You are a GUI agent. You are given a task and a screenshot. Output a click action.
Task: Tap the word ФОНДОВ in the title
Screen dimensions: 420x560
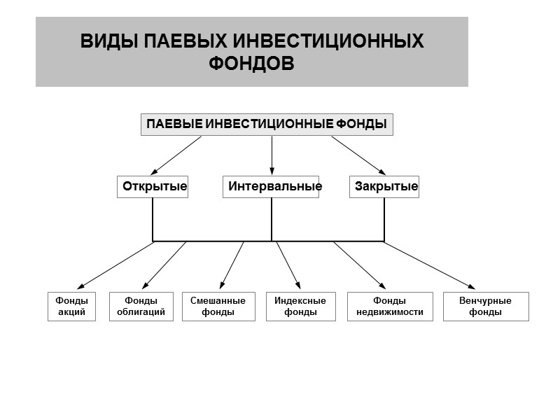[252, 63]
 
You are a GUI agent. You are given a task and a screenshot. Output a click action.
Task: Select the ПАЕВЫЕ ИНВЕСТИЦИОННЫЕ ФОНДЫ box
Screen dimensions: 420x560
[267, 125]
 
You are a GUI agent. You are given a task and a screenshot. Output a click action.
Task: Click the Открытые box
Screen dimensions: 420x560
[153, 187]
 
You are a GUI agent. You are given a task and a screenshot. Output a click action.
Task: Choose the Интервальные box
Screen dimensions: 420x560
[272, 187]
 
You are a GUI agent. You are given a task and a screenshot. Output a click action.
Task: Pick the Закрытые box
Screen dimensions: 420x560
[384, 187]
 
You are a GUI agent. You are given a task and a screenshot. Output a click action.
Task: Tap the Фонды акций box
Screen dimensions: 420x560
[71, 307]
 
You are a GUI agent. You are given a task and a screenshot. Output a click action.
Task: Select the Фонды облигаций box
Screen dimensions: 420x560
[141, 307]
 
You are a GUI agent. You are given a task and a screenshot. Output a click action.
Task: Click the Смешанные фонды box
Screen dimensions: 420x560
[218, 307]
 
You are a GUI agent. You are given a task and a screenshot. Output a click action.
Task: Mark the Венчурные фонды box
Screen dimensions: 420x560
[486, 307]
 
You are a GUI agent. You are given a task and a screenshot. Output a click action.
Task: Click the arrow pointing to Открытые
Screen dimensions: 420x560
[176, 155]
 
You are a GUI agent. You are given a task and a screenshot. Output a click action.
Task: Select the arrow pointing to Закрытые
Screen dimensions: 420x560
[358, 155]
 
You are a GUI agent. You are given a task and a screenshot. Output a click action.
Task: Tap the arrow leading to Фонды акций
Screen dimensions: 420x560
[115, 265]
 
